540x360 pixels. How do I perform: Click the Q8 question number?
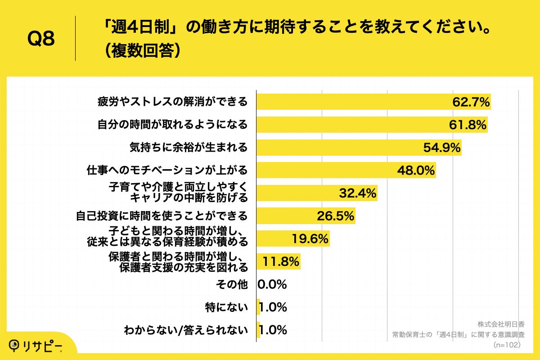click(41, 39)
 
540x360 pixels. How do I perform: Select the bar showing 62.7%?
click(373, 102)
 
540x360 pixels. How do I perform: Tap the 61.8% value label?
click(468, 125)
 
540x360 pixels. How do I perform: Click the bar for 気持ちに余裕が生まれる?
click(359, 148)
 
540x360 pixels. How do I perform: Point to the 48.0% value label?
click(415, 171)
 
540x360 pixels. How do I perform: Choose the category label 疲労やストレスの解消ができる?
click(173, 102)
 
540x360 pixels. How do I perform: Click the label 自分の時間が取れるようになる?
click(173, 125)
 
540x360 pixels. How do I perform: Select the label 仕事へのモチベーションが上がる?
click(167, 171)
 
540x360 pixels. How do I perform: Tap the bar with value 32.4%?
click(316, 193)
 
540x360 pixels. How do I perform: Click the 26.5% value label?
click(335, 216)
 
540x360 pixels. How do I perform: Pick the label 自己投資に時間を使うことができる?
click(161, 216)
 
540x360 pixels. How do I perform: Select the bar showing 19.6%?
click(292, 239)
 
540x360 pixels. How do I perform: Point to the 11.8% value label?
click(281, 261)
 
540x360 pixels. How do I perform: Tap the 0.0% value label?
click(272, 284)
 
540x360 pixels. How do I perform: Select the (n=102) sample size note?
click(507, 345)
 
